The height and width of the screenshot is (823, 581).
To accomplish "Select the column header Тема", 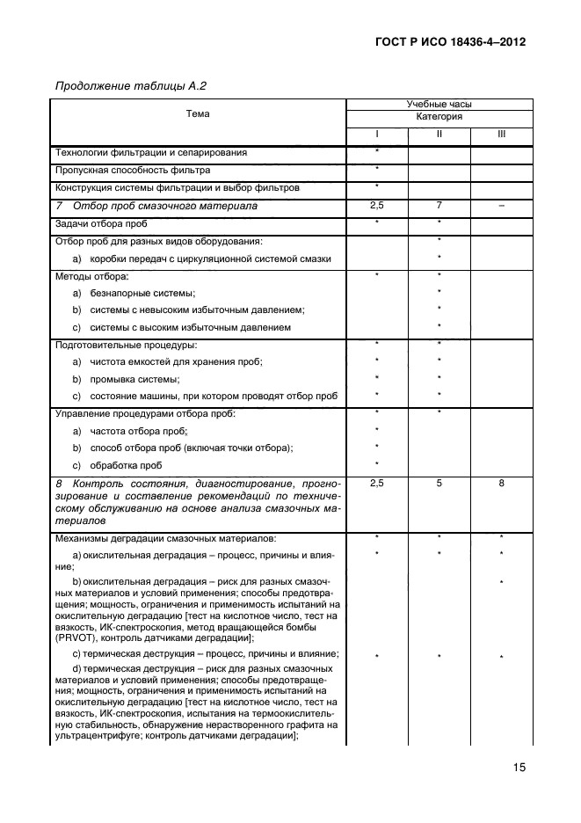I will point(197,114).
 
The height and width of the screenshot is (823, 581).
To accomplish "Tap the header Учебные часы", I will point(439,104).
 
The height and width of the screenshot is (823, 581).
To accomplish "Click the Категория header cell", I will point(439,117).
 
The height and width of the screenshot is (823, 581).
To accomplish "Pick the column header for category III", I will point(501,135).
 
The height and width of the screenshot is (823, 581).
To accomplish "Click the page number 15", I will point(519,768).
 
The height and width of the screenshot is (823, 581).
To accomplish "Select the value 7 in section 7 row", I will point(439,205).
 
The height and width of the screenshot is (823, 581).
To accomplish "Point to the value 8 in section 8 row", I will point(501,484).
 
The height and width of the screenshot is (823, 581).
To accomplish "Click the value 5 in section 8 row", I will point(439,484).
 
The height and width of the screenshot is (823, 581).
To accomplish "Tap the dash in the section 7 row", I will point(501,205).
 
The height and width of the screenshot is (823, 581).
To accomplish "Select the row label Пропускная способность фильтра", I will point(133,170).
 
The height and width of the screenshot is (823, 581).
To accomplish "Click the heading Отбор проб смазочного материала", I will point(165,206).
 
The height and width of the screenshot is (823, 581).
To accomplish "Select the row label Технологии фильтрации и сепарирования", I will point(150,152).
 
